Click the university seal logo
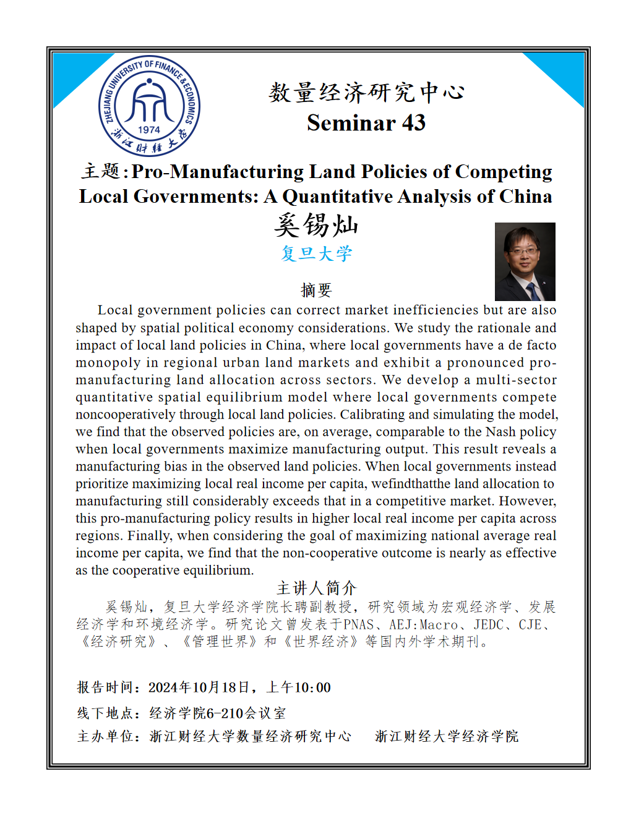click(149, 106)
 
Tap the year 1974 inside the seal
click(149, 130)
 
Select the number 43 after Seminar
click(413, 123)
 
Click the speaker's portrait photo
click(525, 261)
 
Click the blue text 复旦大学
click(316, 253)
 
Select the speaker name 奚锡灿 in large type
click(316, 225)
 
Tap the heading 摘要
click(316, 290)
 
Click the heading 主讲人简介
click(316, 588)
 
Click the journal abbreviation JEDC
click(489, 625)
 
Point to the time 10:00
click(312, 688)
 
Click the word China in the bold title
click(525, 197)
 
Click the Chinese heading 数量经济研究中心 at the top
click(366, 93)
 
